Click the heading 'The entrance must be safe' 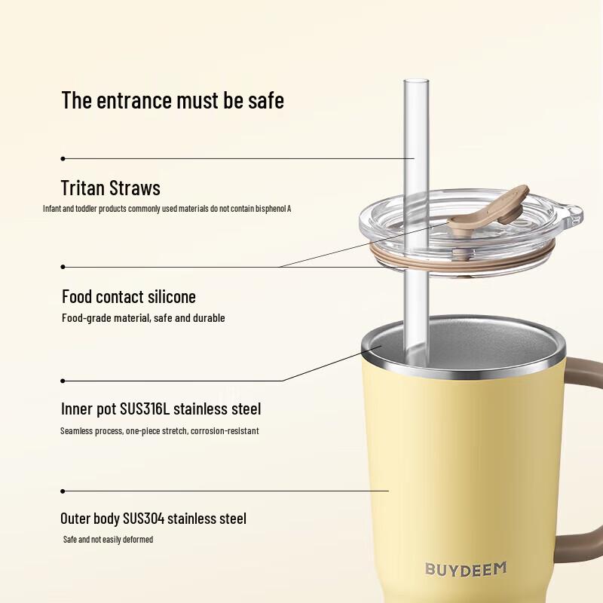click(x=173, y=100)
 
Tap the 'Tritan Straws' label click(x=110, y=188)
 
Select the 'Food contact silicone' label click(x=128, y=296)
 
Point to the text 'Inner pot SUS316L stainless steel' click(x=161, y=409)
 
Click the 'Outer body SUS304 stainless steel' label click(x=153, y=519)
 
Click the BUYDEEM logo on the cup click(x=465, y=569)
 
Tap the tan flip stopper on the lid click(x=486, y=212)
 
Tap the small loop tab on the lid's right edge click(x=574, y=215)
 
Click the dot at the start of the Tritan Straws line click(x=63, y=158)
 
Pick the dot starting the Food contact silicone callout click(x=63, y=266)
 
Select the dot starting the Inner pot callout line click(x=63, y=381)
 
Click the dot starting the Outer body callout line click(x=63, y=491)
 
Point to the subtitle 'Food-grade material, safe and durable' click(x=143, y=318)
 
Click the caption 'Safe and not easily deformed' click(x=108, y=540)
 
